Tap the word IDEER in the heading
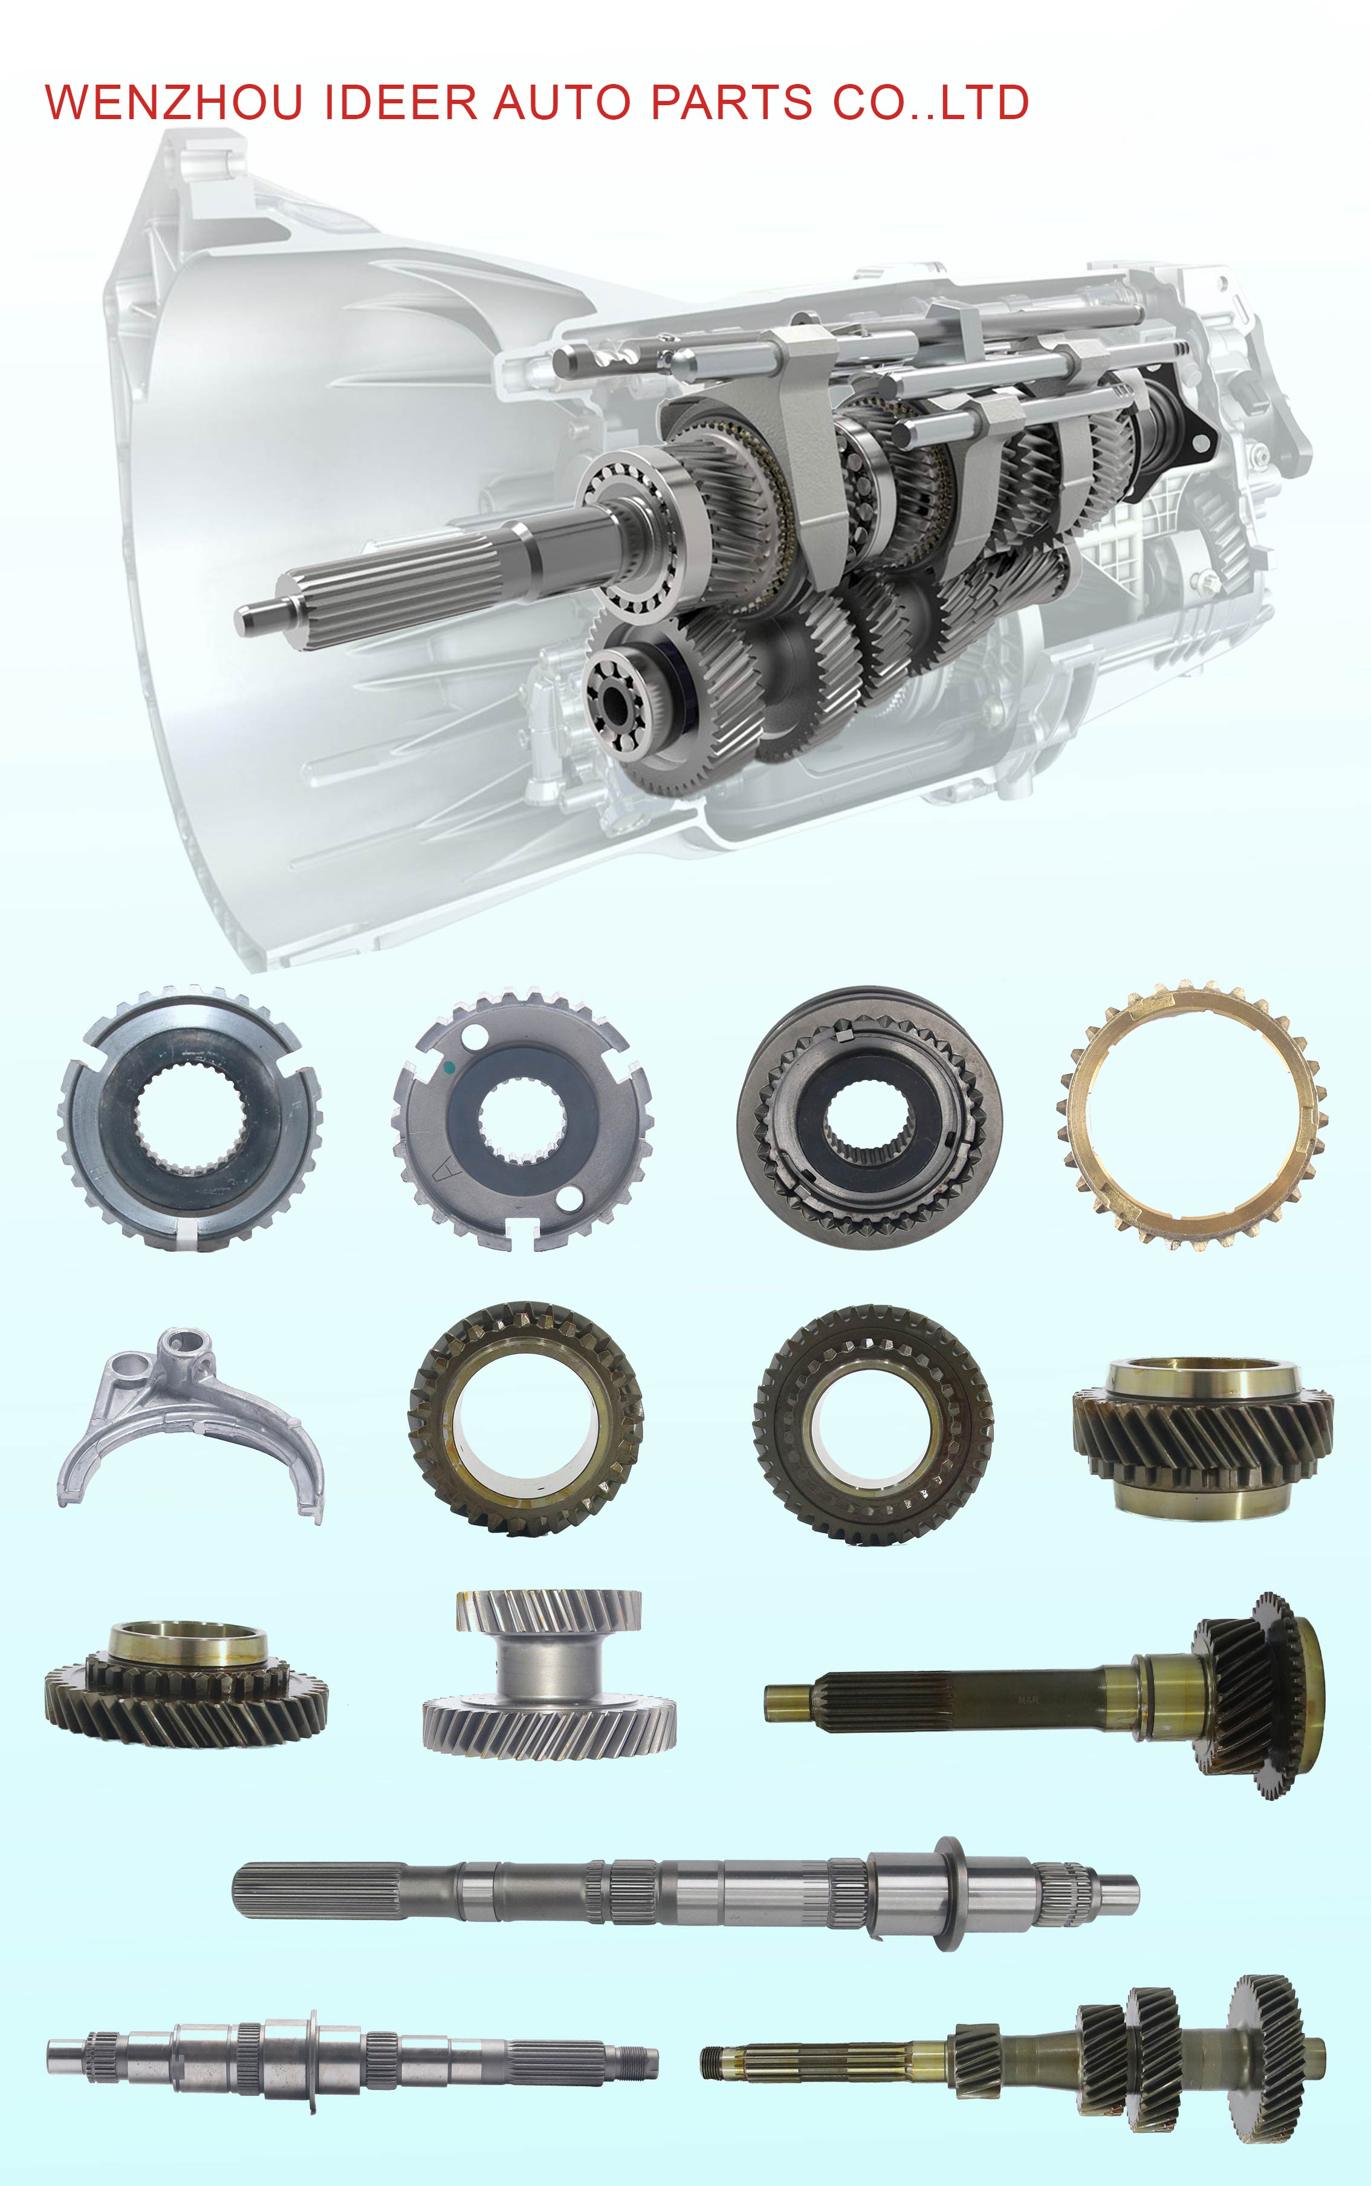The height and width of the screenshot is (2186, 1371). pos(400,102)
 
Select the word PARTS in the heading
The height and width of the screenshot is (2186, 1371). pos(731,102)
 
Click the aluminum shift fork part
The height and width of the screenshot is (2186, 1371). pos(190,1424)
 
